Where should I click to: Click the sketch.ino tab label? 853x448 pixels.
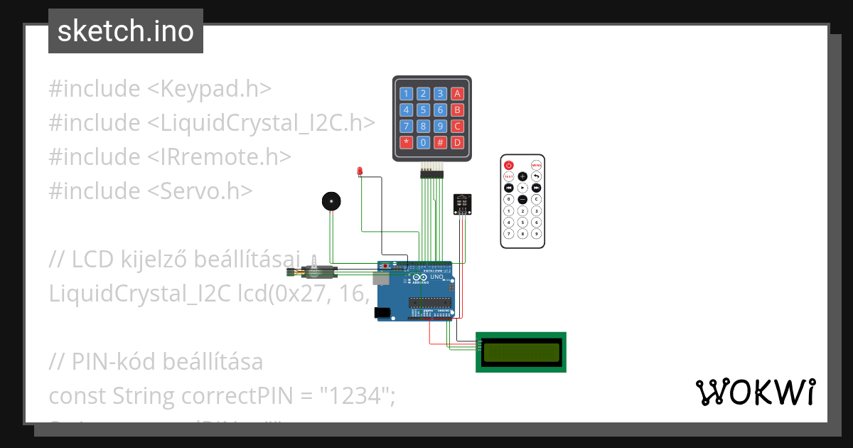click(126, 31)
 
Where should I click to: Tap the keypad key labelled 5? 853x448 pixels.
click(423, 110)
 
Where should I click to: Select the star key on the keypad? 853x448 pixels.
click(406, 142)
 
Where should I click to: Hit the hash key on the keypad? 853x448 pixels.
click(440, 142)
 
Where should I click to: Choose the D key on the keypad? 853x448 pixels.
click(458, 142)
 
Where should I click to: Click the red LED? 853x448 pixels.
click(360, 171)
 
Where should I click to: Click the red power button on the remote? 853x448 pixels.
click(508, 165)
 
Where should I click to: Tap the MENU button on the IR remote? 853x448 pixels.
click(536, 165)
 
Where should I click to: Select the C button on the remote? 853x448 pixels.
click(536, 200)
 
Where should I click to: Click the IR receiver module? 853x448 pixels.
click(462, 204)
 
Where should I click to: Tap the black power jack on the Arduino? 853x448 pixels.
click(382, 312)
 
